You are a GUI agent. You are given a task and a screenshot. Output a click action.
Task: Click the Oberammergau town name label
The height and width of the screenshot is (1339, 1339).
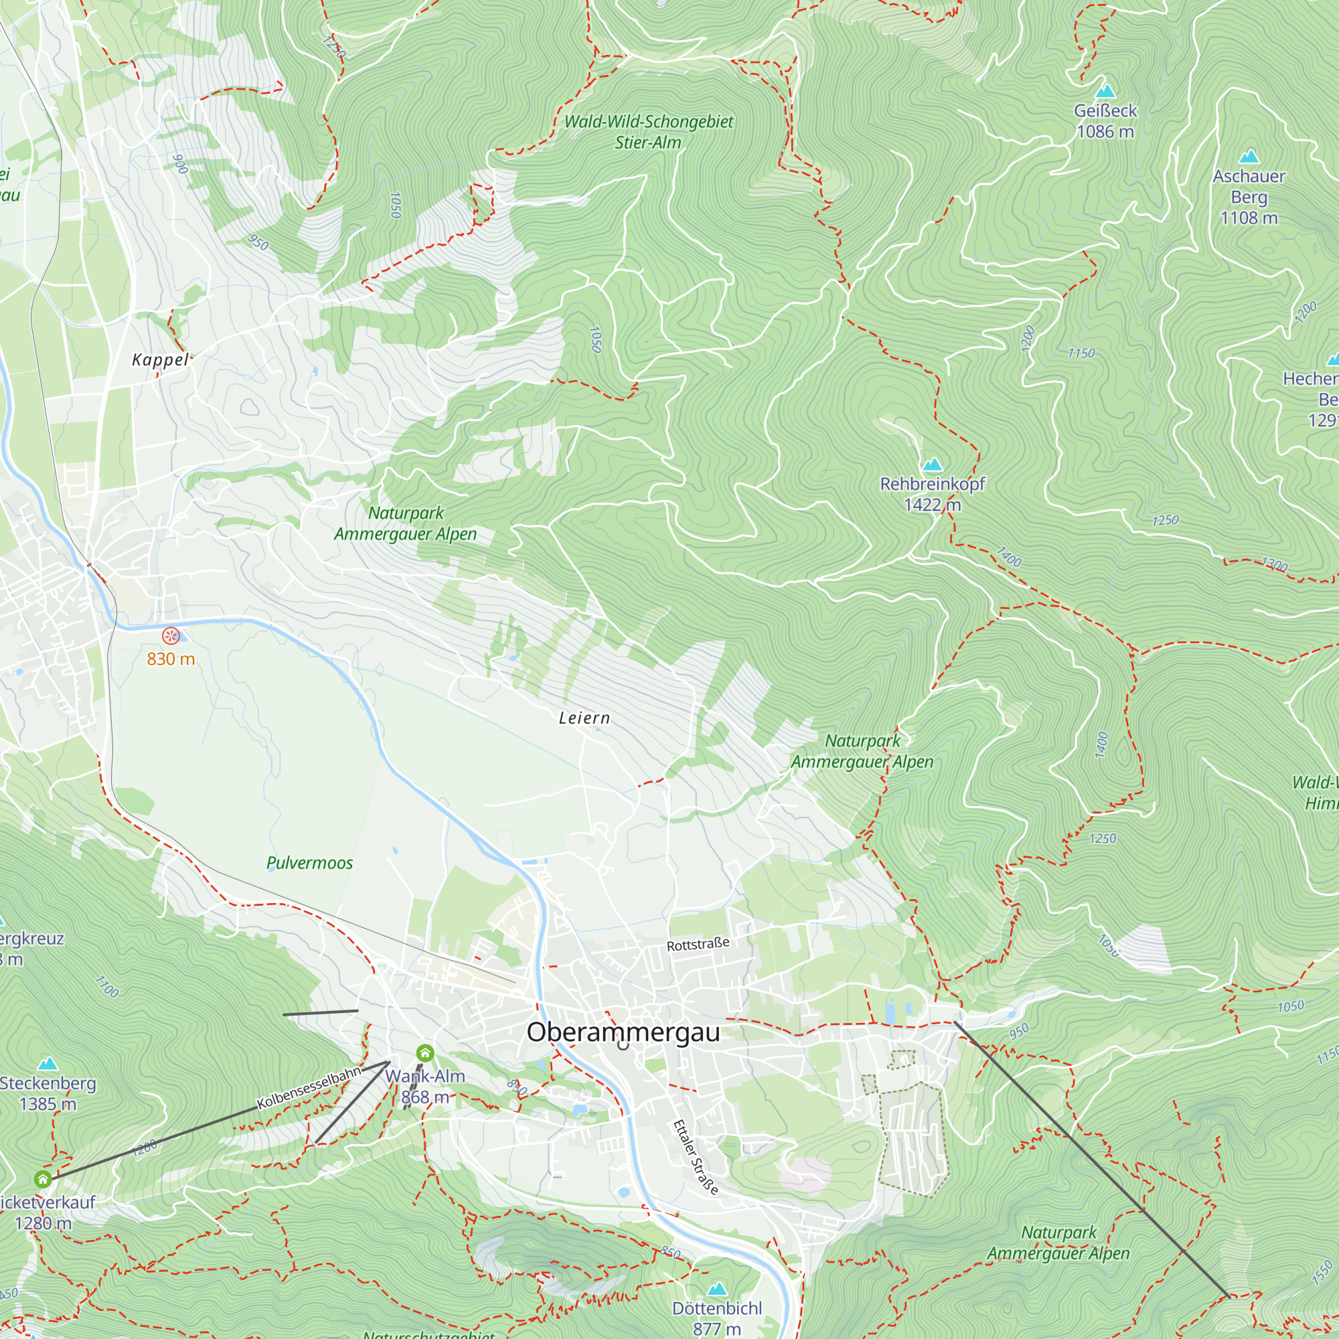point(623,1032)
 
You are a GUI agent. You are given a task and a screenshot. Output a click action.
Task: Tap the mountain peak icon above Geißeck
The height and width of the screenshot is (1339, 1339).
point(1105,91)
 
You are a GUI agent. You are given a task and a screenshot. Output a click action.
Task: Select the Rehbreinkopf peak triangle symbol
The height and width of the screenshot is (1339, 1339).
point(932,465)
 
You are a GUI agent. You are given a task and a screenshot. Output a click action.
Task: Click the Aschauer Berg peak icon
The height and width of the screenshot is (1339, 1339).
point(1249,156)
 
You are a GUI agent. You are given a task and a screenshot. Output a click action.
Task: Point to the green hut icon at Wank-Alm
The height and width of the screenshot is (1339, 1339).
point(425,1053)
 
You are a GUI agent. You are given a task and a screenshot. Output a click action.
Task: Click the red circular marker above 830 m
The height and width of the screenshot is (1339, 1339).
point(171,635)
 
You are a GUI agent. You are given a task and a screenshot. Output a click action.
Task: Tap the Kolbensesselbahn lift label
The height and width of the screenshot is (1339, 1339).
point(309,1087)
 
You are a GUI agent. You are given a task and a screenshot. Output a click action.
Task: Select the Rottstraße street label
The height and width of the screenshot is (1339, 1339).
point(697,945)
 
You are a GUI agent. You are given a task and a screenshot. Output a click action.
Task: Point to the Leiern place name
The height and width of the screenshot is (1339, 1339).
point(584,718)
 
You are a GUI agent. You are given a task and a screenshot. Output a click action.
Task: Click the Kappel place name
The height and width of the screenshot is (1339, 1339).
point(160,360)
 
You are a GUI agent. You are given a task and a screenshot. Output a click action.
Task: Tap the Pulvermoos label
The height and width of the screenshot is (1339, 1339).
point(310,863)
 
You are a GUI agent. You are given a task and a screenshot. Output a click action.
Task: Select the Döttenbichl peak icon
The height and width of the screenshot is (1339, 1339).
point(716,1289)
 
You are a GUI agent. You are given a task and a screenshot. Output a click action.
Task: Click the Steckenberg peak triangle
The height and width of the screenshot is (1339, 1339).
point(47,1063)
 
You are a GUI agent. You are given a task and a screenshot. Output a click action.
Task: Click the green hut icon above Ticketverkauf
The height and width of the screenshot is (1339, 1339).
point(43,1179)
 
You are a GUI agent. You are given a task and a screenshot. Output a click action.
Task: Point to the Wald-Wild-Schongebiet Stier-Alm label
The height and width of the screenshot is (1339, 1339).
point(648,132)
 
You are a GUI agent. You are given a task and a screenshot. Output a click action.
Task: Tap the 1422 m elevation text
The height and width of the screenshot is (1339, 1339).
point(932,505)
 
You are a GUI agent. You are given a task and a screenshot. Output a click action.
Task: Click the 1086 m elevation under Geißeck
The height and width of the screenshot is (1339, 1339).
point(1105,132)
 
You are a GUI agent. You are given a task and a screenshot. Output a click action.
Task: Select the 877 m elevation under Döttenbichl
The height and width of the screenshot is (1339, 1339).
point(716,1328)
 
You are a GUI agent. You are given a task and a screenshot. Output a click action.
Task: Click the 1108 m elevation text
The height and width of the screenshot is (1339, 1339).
point(1249,218)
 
